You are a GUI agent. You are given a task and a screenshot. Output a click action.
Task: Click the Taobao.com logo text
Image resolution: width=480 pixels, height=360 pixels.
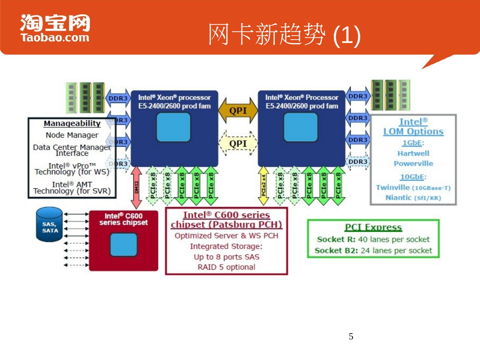pos(55,37)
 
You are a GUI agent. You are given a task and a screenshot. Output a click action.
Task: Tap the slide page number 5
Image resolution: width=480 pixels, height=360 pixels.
pos(351,336)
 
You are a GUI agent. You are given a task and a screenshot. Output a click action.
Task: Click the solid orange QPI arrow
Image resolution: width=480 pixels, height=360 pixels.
pos(238,111)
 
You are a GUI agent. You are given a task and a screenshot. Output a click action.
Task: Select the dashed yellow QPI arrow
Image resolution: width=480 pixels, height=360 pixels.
pos(238,144)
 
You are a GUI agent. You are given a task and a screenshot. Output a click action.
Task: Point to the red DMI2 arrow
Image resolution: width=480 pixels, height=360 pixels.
pos(136,187)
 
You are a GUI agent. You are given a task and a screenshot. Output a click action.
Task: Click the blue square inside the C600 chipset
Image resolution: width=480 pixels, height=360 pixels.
pos(123,245)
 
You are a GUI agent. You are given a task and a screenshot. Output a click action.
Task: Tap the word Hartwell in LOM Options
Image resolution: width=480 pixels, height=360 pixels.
pos(413,153)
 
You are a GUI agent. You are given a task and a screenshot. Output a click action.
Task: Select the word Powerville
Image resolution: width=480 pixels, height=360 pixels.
pos(413,164)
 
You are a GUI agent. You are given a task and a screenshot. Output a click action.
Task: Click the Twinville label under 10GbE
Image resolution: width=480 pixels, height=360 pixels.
pos(393,188)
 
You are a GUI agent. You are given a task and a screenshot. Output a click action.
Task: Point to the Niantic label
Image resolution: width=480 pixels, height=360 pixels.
pos(398,198)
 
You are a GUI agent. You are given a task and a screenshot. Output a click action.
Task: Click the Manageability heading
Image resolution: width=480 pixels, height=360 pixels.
pos(72,124)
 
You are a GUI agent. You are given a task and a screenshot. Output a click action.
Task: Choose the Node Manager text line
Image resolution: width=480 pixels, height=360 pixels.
pos(72,135)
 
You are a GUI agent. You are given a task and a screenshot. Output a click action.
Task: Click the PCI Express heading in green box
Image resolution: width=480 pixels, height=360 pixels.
pos(373,227)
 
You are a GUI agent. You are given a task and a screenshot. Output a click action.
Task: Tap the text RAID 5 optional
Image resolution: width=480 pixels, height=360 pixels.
pos(226,267)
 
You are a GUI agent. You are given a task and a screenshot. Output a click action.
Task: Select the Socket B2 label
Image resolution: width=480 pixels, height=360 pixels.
pos(336,251)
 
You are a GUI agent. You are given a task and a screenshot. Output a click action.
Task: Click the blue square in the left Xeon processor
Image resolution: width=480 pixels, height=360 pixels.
pos(173,127)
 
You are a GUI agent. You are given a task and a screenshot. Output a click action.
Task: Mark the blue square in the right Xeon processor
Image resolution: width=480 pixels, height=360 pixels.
pos(301,127)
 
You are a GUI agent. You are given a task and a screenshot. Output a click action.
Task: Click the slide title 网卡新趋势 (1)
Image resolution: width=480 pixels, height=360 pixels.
pos(284,35)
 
